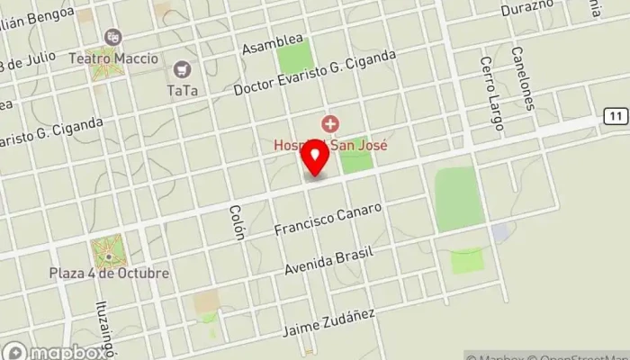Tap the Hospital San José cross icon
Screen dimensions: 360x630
click(331, 122)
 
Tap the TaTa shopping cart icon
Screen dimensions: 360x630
click(183, 68)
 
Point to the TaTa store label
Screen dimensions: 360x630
click(183, 90)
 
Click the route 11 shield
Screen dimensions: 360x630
click(614, 116)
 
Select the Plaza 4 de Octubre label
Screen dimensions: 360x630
click(109, 273)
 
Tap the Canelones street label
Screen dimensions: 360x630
click(526, 78)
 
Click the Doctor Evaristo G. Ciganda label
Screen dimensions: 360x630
click(314, 73)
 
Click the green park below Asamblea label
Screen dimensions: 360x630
click(295, 58)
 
